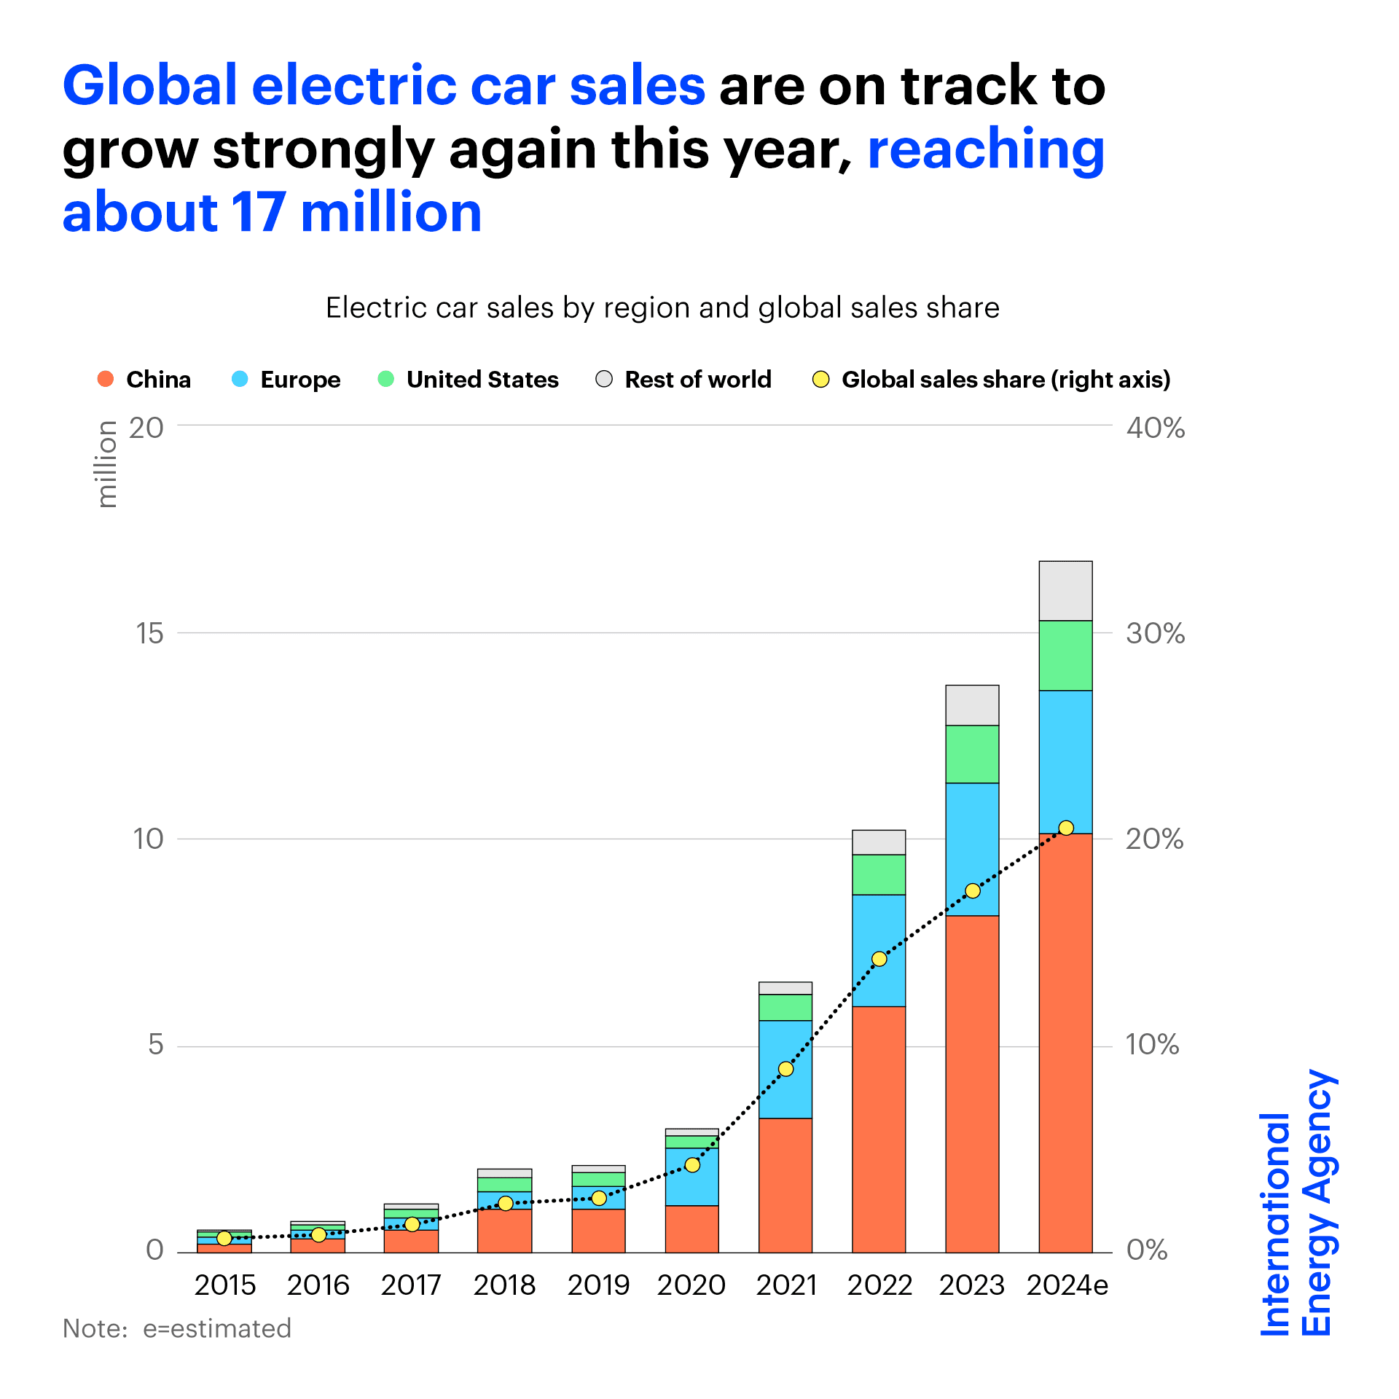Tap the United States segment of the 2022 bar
879,874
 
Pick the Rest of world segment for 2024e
1065,591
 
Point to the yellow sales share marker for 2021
785,1069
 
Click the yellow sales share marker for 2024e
1066,828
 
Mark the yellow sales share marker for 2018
506,1203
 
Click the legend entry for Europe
286,380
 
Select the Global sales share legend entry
991,380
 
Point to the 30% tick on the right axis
1155,633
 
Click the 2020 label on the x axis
691,1285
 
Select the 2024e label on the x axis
1067,1285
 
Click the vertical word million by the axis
107,464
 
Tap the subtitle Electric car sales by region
662,307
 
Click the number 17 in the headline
259,213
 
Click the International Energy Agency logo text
1297,1202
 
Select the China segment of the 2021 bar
785,1188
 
